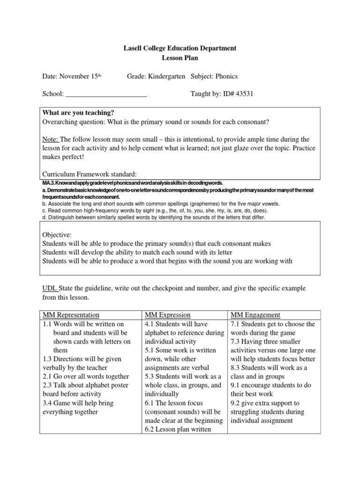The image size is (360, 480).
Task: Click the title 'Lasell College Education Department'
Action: tap(180, 48)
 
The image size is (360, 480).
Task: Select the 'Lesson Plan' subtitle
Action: tap(180, 58)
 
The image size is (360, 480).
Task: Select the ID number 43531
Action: tap(244, 94)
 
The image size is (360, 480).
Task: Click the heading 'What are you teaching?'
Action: tap(78, 113)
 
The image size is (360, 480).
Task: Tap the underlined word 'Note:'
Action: tap(51, 139)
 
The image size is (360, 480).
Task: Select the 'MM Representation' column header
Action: tap(71, 315)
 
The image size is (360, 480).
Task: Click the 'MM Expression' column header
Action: tap(168, 315)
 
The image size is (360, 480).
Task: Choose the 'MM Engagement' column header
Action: tap(255, 315)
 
